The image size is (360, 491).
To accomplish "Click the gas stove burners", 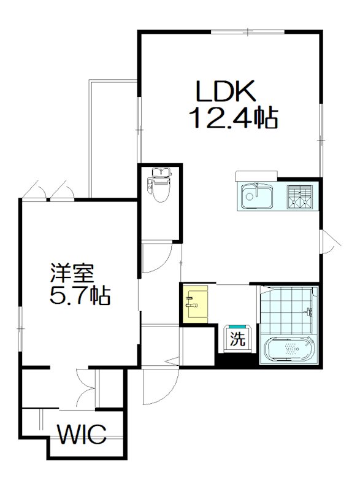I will (300, 196).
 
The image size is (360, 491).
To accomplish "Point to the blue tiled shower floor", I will (285, 310).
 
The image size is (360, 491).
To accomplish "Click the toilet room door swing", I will (156, 258).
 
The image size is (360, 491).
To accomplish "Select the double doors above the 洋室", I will (47, 190).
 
